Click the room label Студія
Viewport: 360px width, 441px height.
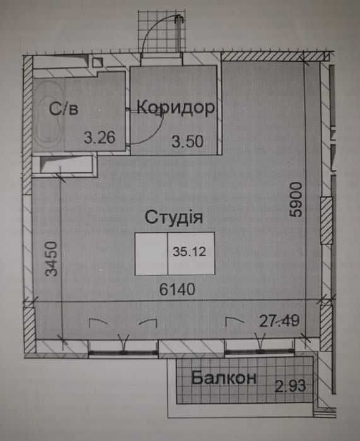pos(173,217)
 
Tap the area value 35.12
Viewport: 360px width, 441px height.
pos(190,252)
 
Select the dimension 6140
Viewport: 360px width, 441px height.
pos(177,289)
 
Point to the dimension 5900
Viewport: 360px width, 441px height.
pos(296,199)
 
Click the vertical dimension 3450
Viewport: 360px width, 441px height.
pos(52,259)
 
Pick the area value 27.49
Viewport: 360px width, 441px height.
pos(279,321)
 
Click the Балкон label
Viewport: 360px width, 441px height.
pos(223,378)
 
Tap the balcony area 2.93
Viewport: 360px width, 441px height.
pos(290,385)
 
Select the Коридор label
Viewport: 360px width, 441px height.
pos(176,107)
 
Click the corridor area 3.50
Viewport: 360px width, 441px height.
pos(187,141)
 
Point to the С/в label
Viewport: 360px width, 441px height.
pos(64,109)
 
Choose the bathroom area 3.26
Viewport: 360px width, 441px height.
pos(100,138)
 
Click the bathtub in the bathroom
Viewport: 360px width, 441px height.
pos(49,115)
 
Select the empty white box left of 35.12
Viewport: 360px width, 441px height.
pos(151,254)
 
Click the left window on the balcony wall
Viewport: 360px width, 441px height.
pos(123,353)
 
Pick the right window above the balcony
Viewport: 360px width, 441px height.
pos(259,351)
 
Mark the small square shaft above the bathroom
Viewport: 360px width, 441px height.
pos(97,62)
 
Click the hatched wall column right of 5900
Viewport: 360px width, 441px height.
pos(327,221)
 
